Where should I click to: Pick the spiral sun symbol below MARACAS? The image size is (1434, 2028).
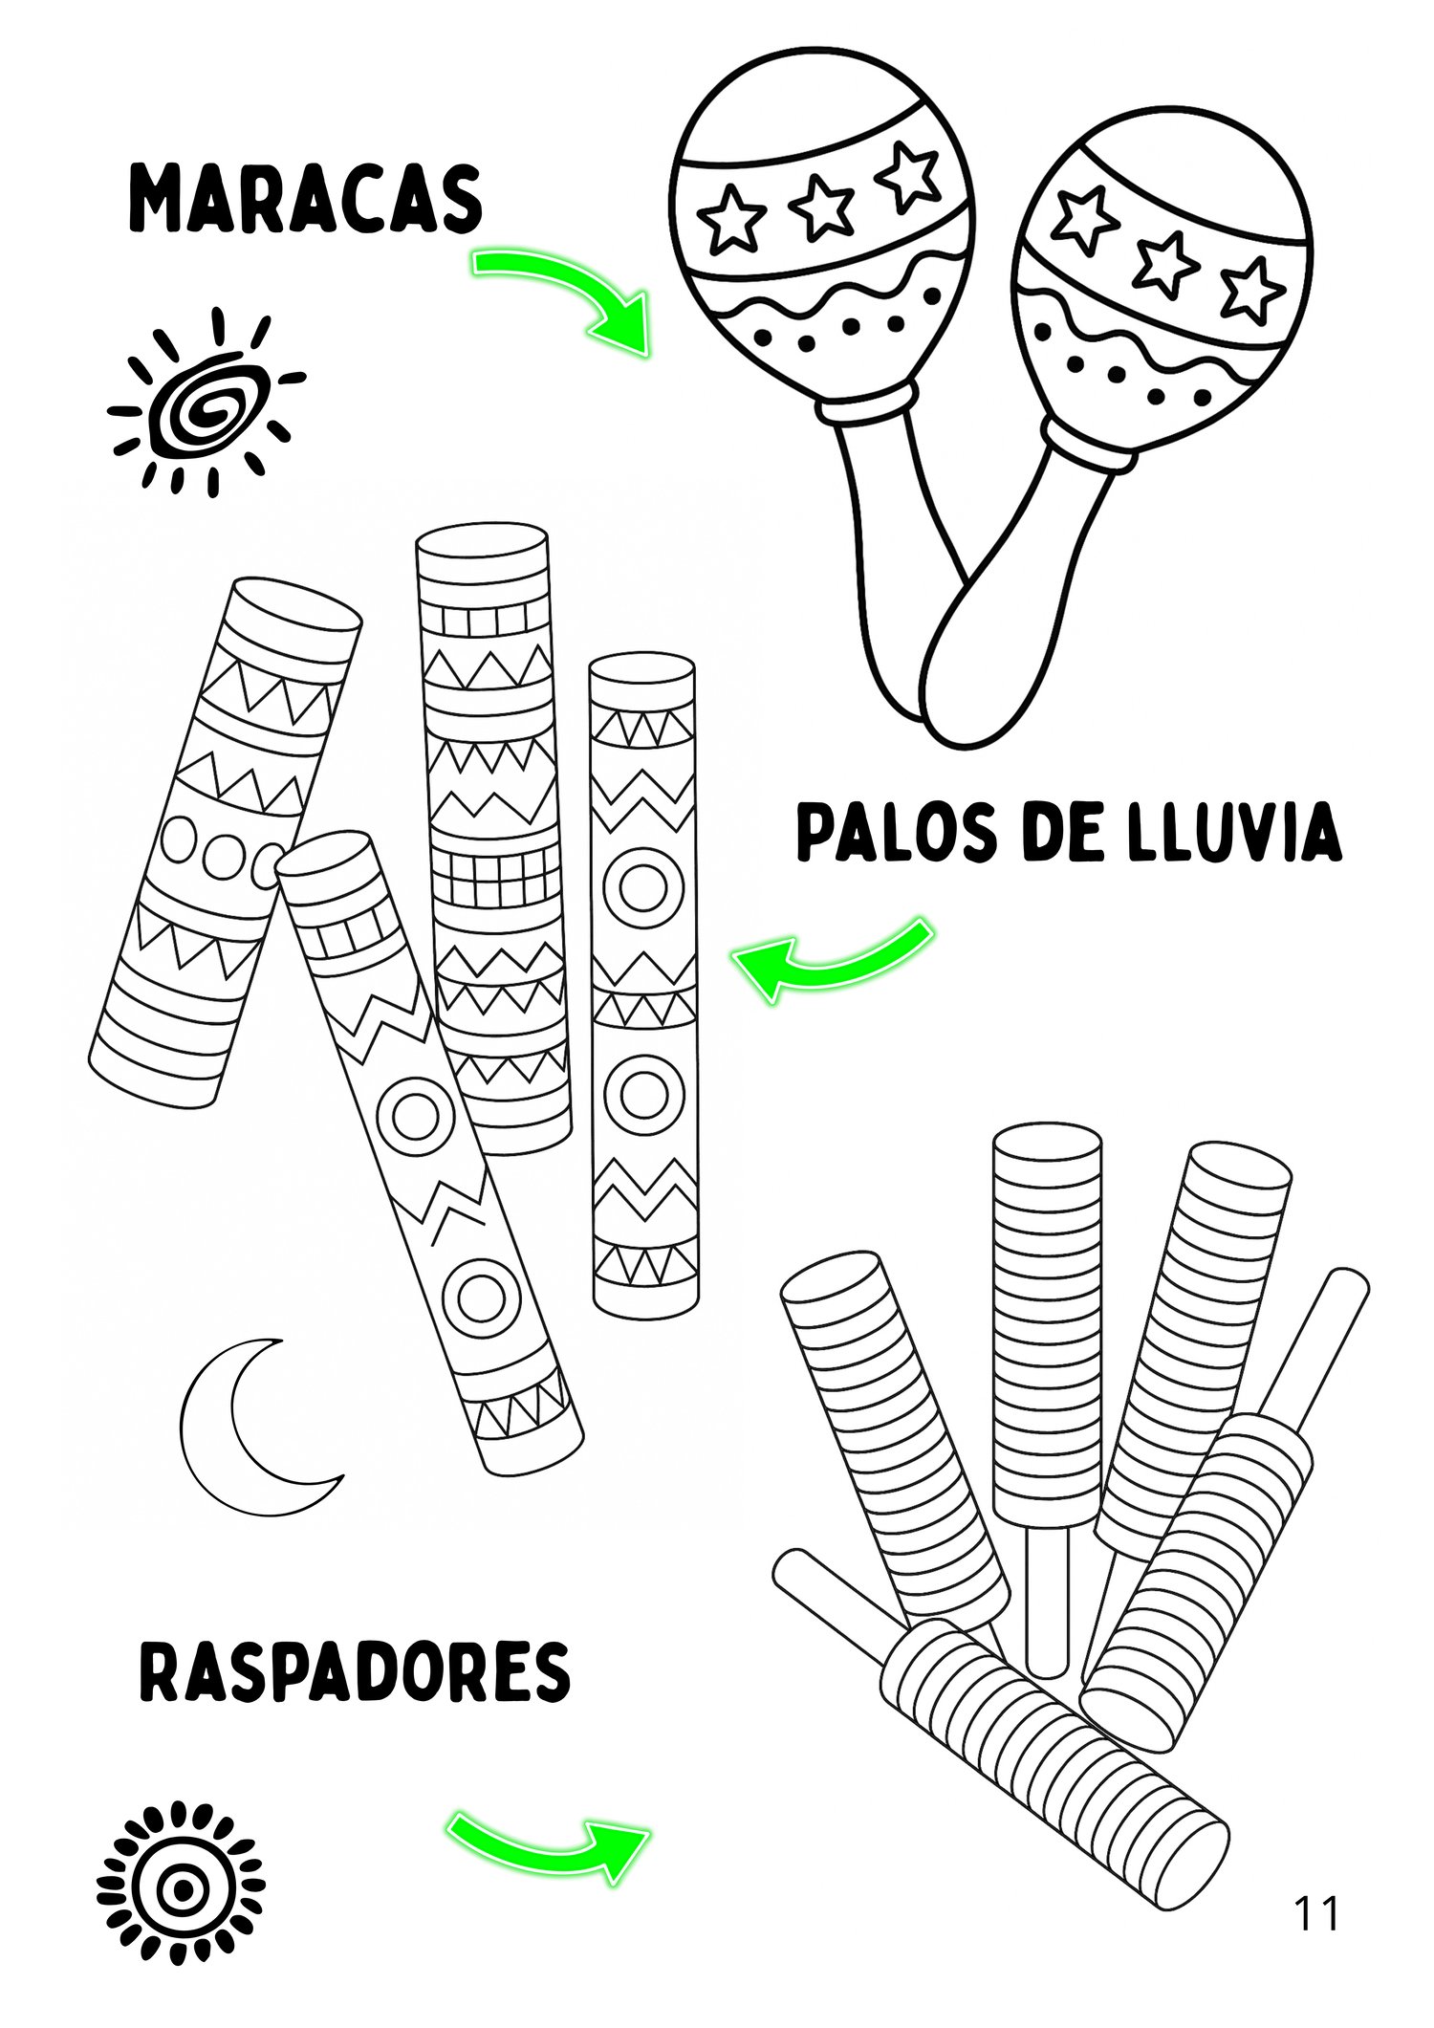coord(206,402)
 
